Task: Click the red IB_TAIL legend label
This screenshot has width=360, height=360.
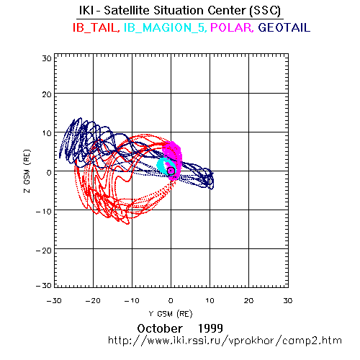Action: (x=95, y=27)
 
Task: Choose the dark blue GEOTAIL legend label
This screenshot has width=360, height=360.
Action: (x=284, y=27)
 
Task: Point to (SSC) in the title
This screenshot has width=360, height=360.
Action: (x=265, y=11)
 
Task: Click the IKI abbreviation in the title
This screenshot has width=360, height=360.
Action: (x=86, y=11)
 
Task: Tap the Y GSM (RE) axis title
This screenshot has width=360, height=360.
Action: (x=171, y=314)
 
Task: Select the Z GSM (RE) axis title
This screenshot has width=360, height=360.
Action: (x=27, y=171)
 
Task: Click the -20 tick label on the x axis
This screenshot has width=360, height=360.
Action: (x=93, y=300)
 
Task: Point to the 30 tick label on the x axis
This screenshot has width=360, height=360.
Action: (x=288, y=300)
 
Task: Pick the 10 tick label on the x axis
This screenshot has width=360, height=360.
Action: (x=210, y=300)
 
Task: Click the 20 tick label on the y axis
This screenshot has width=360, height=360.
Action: (x=47, y=94)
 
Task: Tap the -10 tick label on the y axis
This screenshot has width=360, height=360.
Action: (x=43, y=212)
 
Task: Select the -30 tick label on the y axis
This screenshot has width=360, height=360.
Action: (x=43, y=285)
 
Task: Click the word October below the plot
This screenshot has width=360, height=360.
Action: (x=160, y=328)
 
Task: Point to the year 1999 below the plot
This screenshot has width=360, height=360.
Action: (x=210, y=328)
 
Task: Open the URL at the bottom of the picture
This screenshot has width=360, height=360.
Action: (x=225, y=341)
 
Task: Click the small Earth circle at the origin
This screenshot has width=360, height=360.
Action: (x=171, y=171)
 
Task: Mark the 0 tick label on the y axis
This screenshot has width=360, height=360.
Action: (x=49, y=173)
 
